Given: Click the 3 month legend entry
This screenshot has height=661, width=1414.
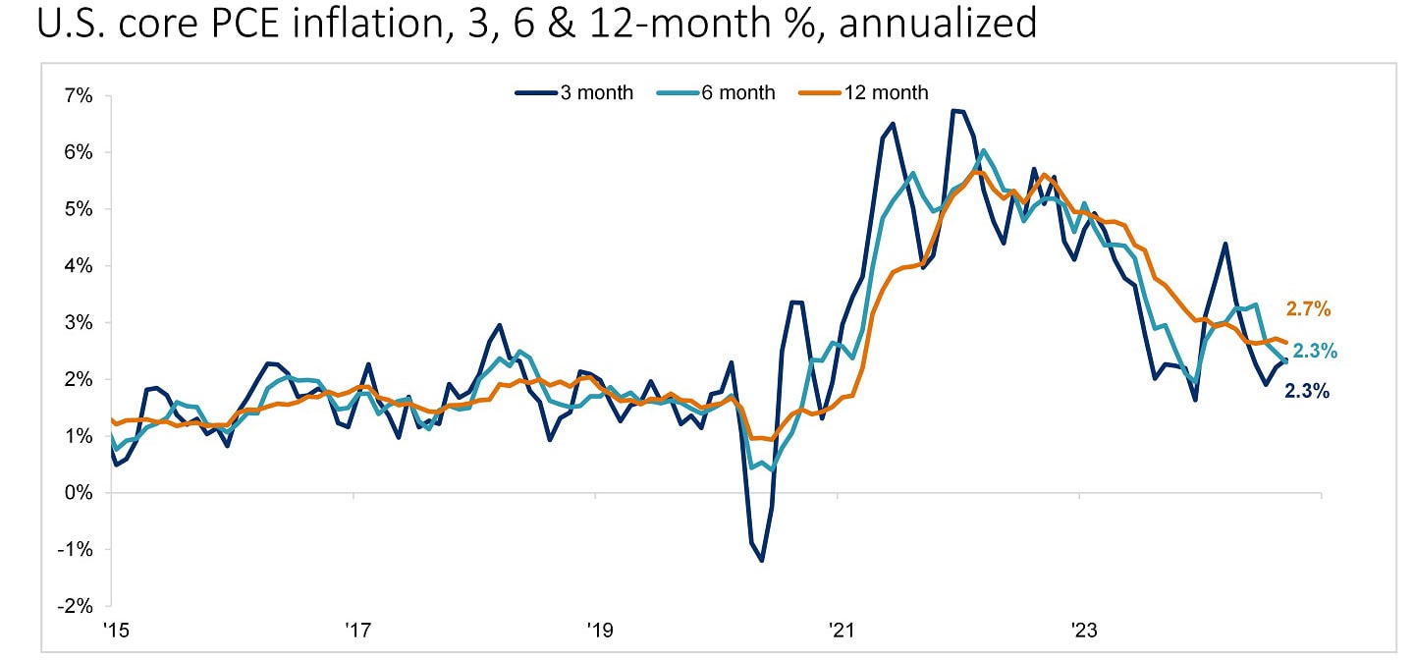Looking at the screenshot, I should tap(574, 93).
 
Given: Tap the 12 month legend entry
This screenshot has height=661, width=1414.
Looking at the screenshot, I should tap(864, 93).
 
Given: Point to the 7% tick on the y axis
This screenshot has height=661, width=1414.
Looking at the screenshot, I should tap(79, 96).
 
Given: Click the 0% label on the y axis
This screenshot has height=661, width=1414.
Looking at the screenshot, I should tap(79, 493).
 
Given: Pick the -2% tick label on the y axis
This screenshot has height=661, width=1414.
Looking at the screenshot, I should tap(77, 606).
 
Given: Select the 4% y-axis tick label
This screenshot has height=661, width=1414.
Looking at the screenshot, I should tap(79, 266).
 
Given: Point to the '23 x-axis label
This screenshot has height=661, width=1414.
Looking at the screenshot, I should tap(1079, 629).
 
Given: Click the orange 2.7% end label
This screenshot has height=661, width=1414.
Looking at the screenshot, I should tap(1307, 309).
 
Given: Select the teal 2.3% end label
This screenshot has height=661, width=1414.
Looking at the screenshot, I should tap(1315, 352).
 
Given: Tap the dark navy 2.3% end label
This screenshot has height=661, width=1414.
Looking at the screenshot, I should tap(1307, 391).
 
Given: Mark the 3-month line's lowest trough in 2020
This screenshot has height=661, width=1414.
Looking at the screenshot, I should tap(761, 561).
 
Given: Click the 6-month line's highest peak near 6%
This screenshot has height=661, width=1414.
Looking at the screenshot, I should tap(984, 151).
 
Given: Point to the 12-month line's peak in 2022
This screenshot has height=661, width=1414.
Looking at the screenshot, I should tap(976, 171).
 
